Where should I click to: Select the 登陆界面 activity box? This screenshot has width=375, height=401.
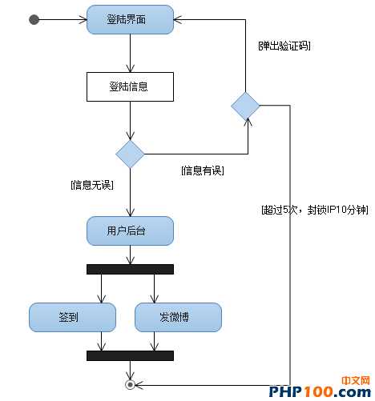pos(129,19)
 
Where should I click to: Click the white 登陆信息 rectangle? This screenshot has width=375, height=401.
pos(129,86)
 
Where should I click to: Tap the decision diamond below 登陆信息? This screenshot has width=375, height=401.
pos(130,153)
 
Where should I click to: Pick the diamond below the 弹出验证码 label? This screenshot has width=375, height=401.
pos(245,106)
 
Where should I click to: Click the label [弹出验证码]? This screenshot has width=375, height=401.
pos(284,46)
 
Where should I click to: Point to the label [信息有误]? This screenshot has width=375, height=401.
pos(203,170)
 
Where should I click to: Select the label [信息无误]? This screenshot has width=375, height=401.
pos(92,186)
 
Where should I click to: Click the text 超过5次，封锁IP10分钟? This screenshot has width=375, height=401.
pos(314,210)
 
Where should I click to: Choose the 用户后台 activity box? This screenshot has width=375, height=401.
pos(129,231)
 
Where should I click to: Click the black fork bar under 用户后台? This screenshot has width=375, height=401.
pos(130,269)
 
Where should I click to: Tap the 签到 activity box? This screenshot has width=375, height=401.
pos(68,317)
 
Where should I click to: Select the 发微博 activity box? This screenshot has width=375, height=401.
pos(177,317)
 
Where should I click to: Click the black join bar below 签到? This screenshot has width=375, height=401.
pos(130,355)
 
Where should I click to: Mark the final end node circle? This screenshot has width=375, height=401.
pos(130,385)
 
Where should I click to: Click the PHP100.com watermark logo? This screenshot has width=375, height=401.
pos(319,391)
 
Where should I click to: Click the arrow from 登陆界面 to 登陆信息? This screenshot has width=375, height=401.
pos(130,54)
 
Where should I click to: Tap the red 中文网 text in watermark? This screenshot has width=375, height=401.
pos(354,379)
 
